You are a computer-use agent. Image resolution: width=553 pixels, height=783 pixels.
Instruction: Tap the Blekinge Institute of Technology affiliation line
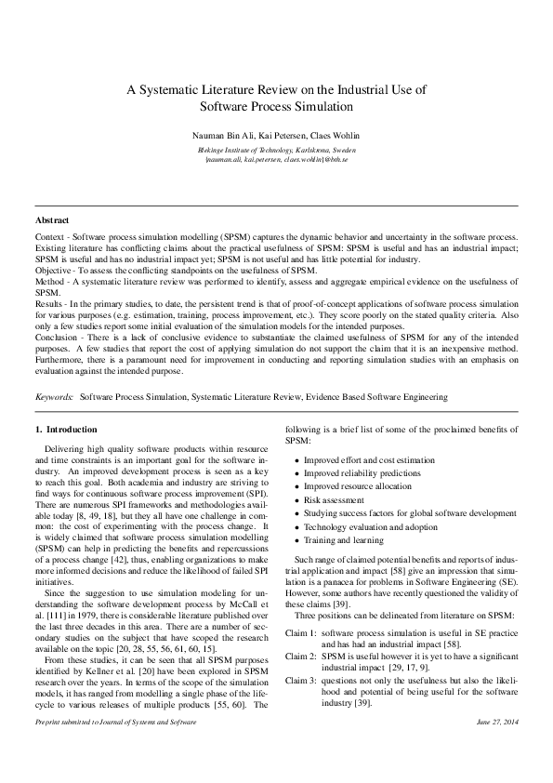(276, 149)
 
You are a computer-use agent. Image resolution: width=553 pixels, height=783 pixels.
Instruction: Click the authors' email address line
(276, 159)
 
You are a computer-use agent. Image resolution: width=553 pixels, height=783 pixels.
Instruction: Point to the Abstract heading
(51, 220)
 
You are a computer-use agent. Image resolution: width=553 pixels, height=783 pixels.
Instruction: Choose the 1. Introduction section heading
(65, 430)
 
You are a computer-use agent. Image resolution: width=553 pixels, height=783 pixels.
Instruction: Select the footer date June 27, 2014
(497, 748)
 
